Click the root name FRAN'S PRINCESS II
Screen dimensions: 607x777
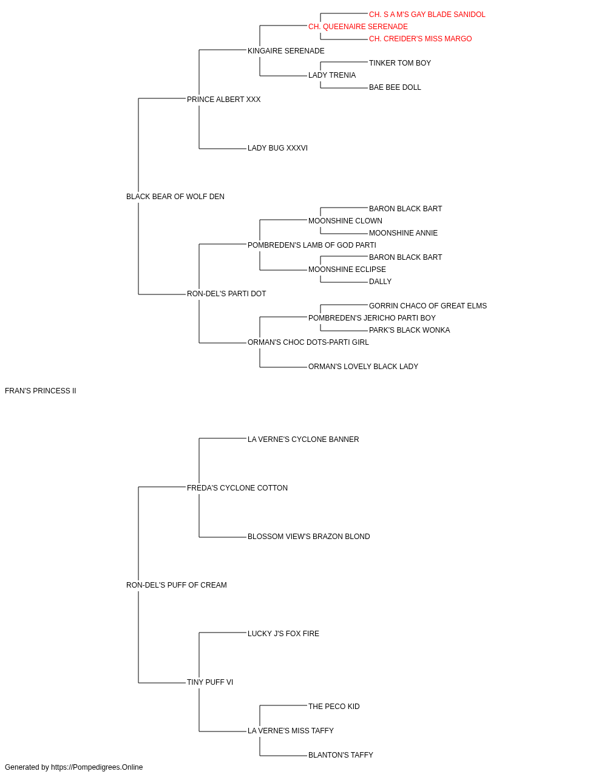coord(41,391)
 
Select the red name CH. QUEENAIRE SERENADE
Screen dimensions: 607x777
coord(358,27)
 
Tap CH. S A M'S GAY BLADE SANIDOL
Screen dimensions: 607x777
coord(427,15)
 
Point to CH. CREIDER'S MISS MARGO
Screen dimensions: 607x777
coord(420,39)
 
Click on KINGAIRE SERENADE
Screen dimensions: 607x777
coord(286,51)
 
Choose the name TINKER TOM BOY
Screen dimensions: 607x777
coord(399,63)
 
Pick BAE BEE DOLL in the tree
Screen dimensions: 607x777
coord(395,87)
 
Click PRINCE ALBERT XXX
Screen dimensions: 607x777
coord(223,100)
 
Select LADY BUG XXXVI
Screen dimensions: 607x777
coord(277,148)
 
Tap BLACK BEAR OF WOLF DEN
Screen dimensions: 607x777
coord(175,197)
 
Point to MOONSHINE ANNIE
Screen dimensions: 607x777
coord(403,233)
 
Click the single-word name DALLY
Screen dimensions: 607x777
coord(380,282)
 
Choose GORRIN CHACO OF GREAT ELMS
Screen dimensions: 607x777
coord(427,306)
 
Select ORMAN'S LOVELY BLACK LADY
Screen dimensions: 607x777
coord(363,367)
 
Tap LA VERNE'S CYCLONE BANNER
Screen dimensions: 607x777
coord(303,439)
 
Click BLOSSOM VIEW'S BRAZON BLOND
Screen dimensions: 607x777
coord(308,537)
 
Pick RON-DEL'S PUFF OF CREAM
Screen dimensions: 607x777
coord(176,585)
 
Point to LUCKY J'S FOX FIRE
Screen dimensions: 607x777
coord(283,634)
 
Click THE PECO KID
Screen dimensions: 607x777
coord(334,707)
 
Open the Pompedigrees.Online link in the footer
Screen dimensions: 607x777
coord(97,767)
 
